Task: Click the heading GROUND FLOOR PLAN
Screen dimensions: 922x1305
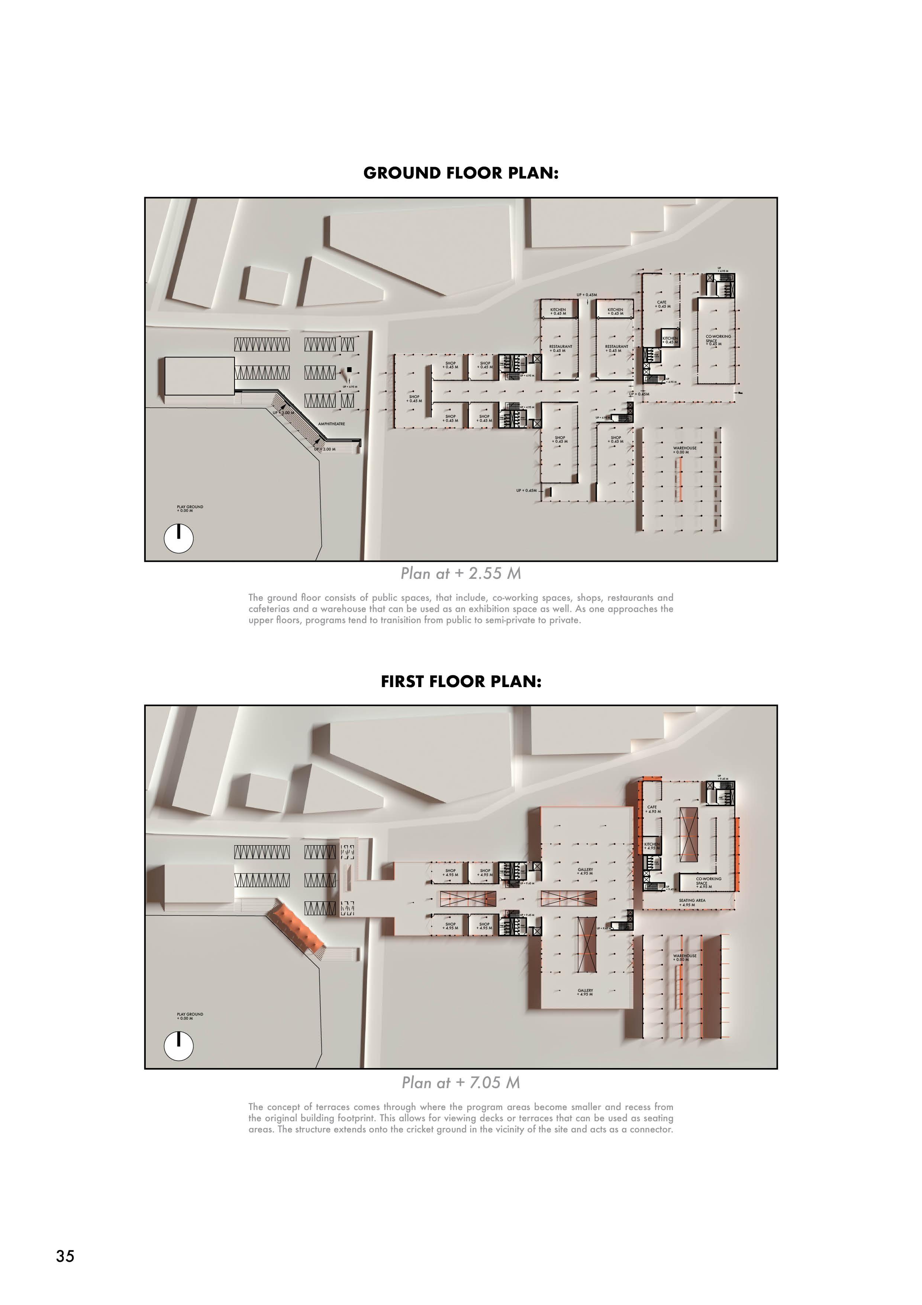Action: pyautogui.click(x=461, y=173)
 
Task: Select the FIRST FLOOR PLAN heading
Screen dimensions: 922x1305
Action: pyautogui.click(x=461, y=682)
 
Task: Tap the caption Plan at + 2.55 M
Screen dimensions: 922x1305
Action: pyautogui.click(x=461, y=574)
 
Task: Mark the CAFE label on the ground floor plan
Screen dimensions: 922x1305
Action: pyautogui.click(x=662, y=304)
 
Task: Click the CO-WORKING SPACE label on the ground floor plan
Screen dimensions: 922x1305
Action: pyautogui.click(x=718, y=339)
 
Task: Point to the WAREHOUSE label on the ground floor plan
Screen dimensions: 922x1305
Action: pyautogui.click(x=684, y=450)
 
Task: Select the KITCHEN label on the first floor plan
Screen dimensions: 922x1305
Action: pyautogui.click(x=652, y=846)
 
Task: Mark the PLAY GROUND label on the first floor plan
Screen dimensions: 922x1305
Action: pyautogui.click(x=190, y=1016)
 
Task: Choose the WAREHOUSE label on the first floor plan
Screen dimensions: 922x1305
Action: pyautogui.click(x=684, y=958)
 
